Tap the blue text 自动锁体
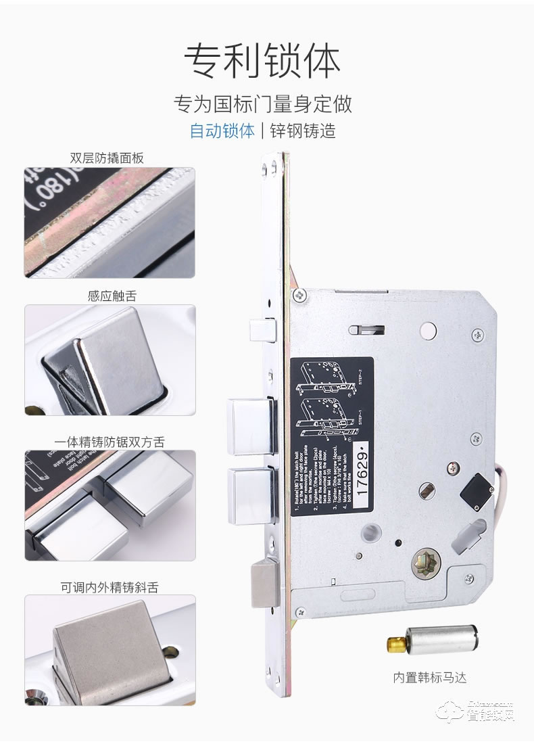pos(222,130)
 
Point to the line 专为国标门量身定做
pos(263,105)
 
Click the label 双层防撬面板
pos(107,158)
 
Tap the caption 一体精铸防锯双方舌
pos(110,442)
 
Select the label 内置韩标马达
pos(431,677)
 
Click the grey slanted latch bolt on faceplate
pos(263,586)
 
